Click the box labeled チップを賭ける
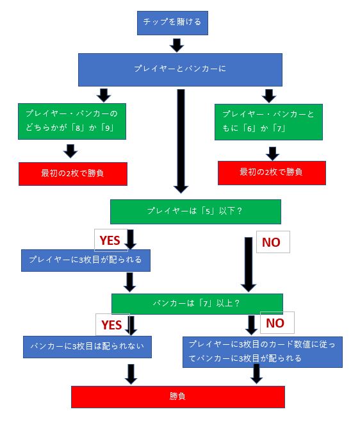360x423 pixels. [x=172, y=23]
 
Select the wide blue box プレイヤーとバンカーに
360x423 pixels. [x=180, y=70]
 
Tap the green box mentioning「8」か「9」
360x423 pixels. [x=72, y=121]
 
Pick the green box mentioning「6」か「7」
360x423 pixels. [x=268, y=122]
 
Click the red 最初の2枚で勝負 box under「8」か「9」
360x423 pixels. [x=73, y=174]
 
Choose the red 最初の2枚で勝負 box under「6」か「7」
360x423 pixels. [x=272, y=173]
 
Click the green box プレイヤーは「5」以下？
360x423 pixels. [x=195, y=211]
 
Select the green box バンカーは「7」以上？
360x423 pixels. [x=197, y=304]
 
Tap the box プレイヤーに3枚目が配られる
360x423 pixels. [x=86, y=260]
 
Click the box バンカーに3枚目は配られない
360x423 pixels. [x=87, y=347]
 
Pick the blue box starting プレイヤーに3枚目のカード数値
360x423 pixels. [x=263, y=352]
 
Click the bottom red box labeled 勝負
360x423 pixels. [x=178, y=397]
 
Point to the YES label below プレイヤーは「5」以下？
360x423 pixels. [x=110, y=240]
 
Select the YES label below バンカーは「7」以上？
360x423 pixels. [x=112, y=324]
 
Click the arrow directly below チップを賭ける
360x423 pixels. [x=177, y=46]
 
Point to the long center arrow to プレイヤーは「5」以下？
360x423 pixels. [x=181, y=142]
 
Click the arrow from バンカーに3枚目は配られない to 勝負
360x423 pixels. [x=131, y=374]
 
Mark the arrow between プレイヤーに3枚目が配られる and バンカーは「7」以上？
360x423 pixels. [x=129, y=282]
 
